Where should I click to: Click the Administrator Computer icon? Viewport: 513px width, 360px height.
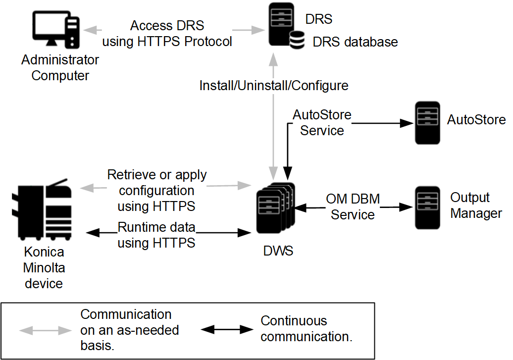(56, 31)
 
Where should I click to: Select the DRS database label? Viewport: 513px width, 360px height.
(355, 42)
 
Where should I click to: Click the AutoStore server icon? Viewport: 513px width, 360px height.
(427, 123)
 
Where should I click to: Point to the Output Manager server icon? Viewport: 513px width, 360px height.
(427, 207)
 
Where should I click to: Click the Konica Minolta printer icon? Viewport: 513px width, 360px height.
(45, 208)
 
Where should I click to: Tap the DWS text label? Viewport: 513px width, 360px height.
(278, 251)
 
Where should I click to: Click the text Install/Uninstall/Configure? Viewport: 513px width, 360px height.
(274, 86)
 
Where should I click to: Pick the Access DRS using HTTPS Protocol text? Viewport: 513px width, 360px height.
(167, 34)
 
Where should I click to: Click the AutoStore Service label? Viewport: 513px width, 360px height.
(322, 123)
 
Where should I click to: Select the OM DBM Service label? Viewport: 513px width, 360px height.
(353, 207)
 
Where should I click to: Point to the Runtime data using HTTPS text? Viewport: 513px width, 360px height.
(156, 235)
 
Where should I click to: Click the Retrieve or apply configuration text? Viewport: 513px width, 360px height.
(157, 190)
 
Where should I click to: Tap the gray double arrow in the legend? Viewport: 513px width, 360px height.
(45, 330)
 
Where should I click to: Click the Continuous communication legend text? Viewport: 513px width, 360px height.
(306, 329)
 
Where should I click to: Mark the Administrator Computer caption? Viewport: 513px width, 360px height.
(60, 68)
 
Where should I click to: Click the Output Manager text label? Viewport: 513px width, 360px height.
(475, 206)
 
